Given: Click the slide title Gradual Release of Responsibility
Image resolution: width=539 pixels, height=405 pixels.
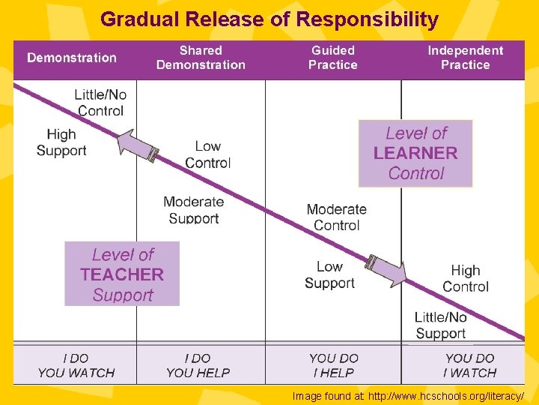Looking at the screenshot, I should point(269,19).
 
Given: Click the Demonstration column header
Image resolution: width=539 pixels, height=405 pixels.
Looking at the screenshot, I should point(72,58).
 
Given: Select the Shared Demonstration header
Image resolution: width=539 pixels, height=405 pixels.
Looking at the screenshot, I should point(201,58).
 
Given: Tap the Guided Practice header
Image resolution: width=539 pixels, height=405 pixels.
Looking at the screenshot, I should point(333,58).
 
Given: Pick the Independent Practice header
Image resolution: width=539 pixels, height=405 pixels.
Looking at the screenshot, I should point(465,58).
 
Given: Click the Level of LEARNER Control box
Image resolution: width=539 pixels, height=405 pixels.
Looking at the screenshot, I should point(415,153).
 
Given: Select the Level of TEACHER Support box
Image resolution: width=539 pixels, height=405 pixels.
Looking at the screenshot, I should point(122,274).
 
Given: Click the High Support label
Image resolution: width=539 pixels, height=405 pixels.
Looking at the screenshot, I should point(61,142).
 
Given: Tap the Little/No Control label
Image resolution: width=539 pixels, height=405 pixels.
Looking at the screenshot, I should point(100,103).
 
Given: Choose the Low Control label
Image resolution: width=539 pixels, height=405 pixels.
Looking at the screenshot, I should point(207,154).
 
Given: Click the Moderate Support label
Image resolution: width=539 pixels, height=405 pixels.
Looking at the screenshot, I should point(193,210).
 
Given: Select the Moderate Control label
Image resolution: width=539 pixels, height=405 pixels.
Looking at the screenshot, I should point(336,217).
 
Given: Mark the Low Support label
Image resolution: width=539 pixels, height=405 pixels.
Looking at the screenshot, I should point(329,274).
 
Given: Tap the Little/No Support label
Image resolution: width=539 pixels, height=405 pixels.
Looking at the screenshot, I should point(440,325).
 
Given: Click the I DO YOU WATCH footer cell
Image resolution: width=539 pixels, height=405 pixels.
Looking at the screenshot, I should point(76,365).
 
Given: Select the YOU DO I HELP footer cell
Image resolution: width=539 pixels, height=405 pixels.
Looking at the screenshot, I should point(334,365).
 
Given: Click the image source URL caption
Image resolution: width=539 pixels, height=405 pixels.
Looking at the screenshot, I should point(408,396).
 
